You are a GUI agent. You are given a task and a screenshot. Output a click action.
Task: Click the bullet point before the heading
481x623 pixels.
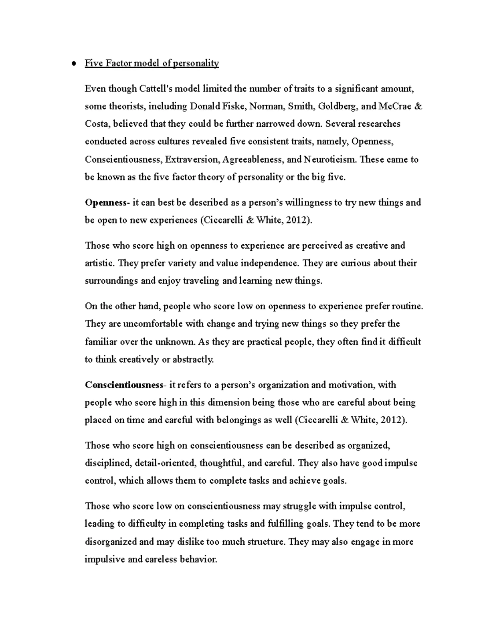73,63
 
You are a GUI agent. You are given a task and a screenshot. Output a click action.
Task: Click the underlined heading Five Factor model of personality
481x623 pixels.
152,63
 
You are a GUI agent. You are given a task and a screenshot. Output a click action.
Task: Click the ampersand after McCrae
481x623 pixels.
418,106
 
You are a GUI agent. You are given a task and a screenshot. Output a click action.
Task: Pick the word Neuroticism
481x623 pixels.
330,159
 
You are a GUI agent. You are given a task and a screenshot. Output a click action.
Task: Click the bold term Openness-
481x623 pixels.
107,203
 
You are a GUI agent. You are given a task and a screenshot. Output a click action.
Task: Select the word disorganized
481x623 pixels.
111,542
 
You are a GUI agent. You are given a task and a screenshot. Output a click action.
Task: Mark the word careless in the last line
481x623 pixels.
160,559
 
